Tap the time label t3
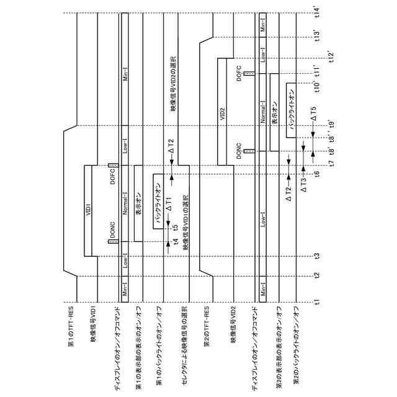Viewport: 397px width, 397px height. point(317,256)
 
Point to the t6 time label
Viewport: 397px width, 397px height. point(317,173)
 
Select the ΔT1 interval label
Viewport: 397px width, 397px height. point(169,202)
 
